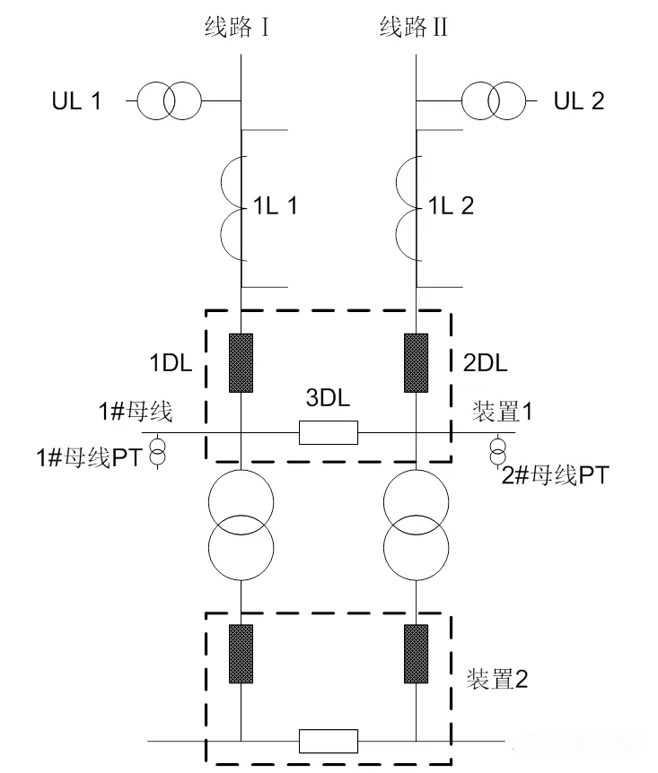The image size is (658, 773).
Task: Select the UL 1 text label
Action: (x=75, y=100)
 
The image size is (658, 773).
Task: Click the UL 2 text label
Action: (x=579, y=100)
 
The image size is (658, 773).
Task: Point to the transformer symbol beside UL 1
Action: (x=170, y=100)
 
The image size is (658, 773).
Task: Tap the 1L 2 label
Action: (x=450, y=206)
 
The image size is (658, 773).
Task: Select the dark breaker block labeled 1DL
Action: (x=241, y=362)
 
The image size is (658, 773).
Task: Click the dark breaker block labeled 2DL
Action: (x=416, y=362)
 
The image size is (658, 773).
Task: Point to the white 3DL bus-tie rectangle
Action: (x=329, y=433)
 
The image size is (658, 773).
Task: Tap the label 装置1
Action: (x=502, y=413)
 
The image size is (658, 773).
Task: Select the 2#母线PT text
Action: (x=556, y=474)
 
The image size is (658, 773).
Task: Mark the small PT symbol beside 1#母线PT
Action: (x=157, y=453)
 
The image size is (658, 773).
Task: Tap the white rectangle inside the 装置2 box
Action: (x=329, y=742)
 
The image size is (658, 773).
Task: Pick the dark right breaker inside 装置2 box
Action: (x=416, y=652)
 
